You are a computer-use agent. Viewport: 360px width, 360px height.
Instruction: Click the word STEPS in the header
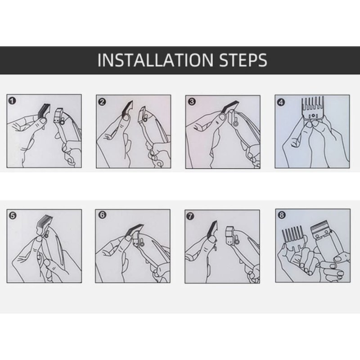(x=243, y=60)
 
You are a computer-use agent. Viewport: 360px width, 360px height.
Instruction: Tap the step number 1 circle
(x=12, y=101)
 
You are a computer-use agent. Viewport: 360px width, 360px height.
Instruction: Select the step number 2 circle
(x=102, y=102)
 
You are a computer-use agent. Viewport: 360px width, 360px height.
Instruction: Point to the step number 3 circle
(x=192, y=102)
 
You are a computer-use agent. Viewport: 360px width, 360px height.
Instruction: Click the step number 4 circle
(x=281, y=102)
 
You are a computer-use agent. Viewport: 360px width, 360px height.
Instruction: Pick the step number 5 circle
(x=13, y=216)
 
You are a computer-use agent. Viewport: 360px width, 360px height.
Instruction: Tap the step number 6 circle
(x=102, y=215)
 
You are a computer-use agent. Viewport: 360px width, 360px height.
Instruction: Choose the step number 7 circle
(x=190, y=216)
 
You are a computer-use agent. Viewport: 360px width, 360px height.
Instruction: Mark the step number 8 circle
(x=282, y=215)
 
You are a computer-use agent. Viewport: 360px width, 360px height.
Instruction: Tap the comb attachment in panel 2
(x=128, y=108)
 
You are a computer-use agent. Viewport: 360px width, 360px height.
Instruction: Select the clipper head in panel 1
(x=59, y=116)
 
